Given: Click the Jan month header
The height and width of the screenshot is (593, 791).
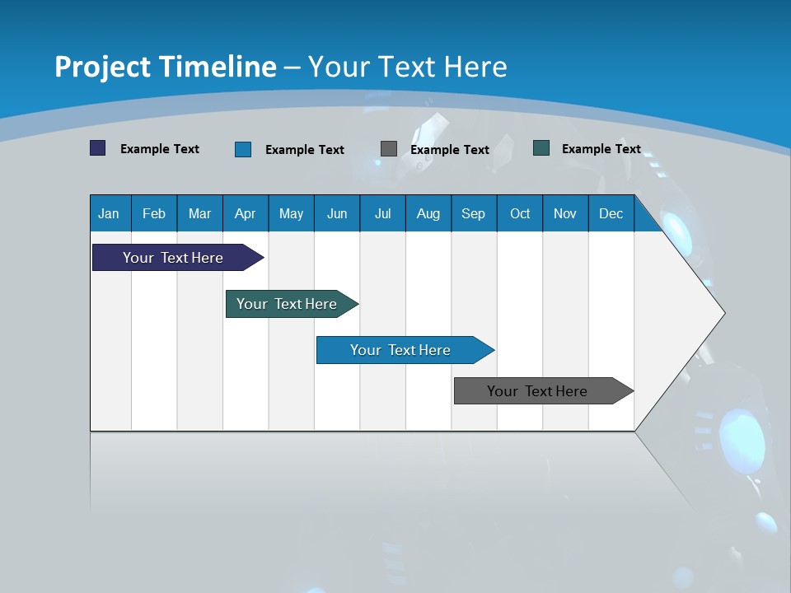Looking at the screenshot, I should pos(109,213).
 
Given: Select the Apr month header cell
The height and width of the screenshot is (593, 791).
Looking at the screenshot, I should pos(245,213).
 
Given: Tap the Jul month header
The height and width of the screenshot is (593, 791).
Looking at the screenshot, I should pos(382,213).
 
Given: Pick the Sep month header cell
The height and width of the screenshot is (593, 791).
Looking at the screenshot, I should pos(473,213).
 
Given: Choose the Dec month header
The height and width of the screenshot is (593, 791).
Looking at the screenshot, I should pos(611,213).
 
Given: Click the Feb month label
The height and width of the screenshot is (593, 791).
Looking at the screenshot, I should pos(154,213).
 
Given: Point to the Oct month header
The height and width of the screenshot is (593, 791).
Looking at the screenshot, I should pos(520,213).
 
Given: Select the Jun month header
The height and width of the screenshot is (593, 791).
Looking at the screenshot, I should pos(337,213).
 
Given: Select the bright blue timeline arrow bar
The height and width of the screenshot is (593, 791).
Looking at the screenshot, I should pos(401,350).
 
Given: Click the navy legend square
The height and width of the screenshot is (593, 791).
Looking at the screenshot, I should pos(98,148).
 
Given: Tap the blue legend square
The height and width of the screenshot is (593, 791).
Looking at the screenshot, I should pos(243,149).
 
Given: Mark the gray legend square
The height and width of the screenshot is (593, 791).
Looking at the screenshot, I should pos(389,149).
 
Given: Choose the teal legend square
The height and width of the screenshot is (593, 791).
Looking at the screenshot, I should pos(541,148).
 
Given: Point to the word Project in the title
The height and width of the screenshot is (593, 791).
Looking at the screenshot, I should pos(103,67).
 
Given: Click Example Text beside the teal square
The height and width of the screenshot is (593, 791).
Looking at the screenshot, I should pos(601,149).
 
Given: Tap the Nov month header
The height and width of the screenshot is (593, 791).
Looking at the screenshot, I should pos(565,213).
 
